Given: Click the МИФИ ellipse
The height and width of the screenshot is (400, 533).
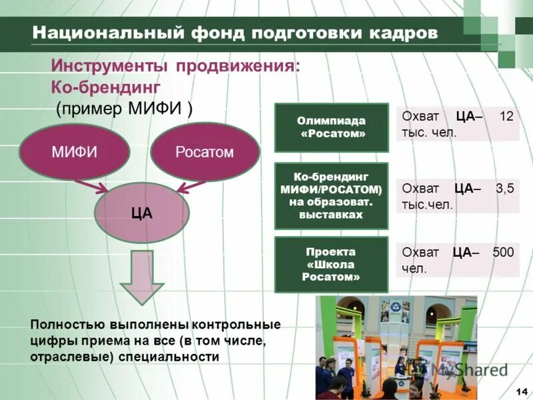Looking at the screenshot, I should (75, 152).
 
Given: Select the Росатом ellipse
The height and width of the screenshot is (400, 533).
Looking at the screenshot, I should (205, 152).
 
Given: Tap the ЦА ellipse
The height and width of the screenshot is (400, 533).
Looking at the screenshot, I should (142, 213).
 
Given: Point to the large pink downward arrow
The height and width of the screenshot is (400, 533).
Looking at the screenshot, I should (141, 277).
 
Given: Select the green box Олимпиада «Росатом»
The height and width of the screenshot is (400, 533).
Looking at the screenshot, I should (332, 127).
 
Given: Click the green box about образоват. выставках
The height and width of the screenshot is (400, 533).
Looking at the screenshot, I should (331, 196).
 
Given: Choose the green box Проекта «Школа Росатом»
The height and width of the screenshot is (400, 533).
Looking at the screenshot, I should (331, 264).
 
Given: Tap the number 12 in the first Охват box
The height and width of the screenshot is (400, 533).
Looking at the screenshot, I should (506, 116).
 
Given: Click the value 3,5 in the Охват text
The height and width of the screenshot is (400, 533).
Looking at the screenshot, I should (504, 189).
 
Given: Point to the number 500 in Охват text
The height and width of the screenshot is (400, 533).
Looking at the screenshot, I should (503, 252).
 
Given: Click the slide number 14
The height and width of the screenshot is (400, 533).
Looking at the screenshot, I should (521, 391).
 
